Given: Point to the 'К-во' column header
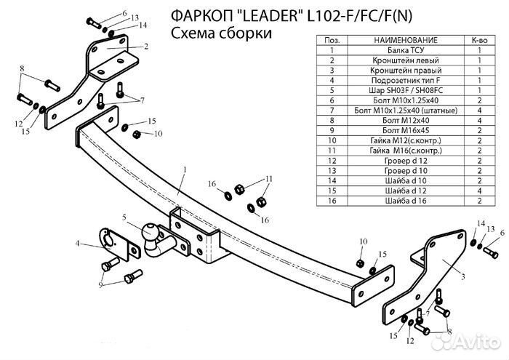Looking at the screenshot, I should pos(479,39).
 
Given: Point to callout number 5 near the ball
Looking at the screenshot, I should pos(124,217).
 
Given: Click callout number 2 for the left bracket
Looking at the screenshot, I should pos(146,46).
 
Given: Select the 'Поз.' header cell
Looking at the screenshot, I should pos(332,39).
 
